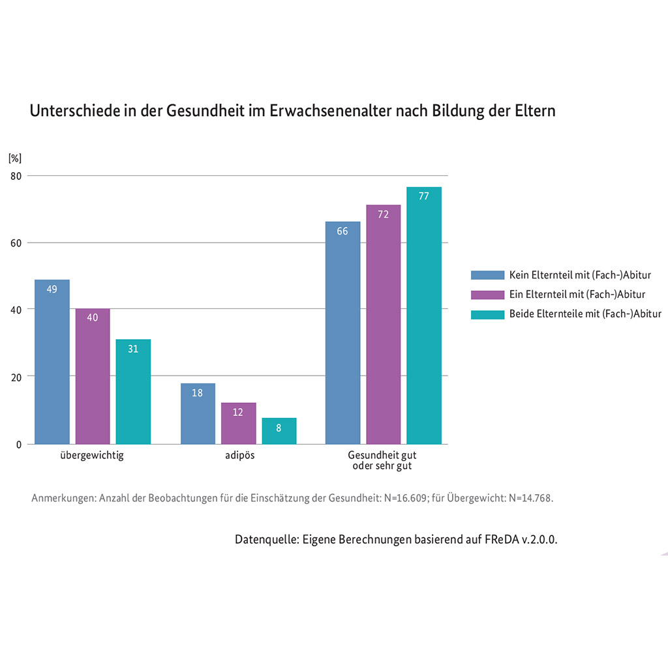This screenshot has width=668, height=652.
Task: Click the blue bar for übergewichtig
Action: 52,362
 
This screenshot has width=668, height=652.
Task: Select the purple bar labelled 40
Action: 93,376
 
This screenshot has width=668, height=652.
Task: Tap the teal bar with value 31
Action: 133,391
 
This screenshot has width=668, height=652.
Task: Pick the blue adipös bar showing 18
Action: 198,413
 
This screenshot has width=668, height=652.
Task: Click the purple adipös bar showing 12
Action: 238,423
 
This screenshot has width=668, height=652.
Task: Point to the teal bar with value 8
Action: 279,431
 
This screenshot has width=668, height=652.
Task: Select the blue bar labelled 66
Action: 342,333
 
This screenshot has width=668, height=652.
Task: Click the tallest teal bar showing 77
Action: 424,316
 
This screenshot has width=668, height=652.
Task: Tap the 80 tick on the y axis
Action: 15,176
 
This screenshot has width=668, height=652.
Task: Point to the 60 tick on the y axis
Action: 15,243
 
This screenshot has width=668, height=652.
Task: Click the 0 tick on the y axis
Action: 19,445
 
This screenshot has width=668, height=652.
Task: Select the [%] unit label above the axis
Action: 15,158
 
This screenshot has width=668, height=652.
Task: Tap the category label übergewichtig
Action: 91,456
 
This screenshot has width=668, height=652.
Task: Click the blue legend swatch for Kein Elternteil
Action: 487,275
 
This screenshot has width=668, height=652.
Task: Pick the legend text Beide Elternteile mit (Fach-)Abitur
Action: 585,314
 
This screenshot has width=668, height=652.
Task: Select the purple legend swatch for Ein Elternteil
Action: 487,295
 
